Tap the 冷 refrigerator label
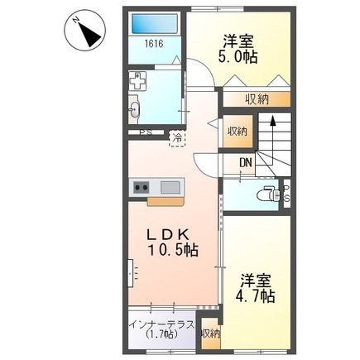point(177,138)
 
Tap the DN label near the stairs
point(246,162)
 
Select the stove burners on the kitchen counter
point(138,186)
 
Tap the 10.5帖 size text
point(173,250)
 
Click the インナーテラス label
point(161,324)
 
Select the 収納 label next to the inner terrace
point(210,334)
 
